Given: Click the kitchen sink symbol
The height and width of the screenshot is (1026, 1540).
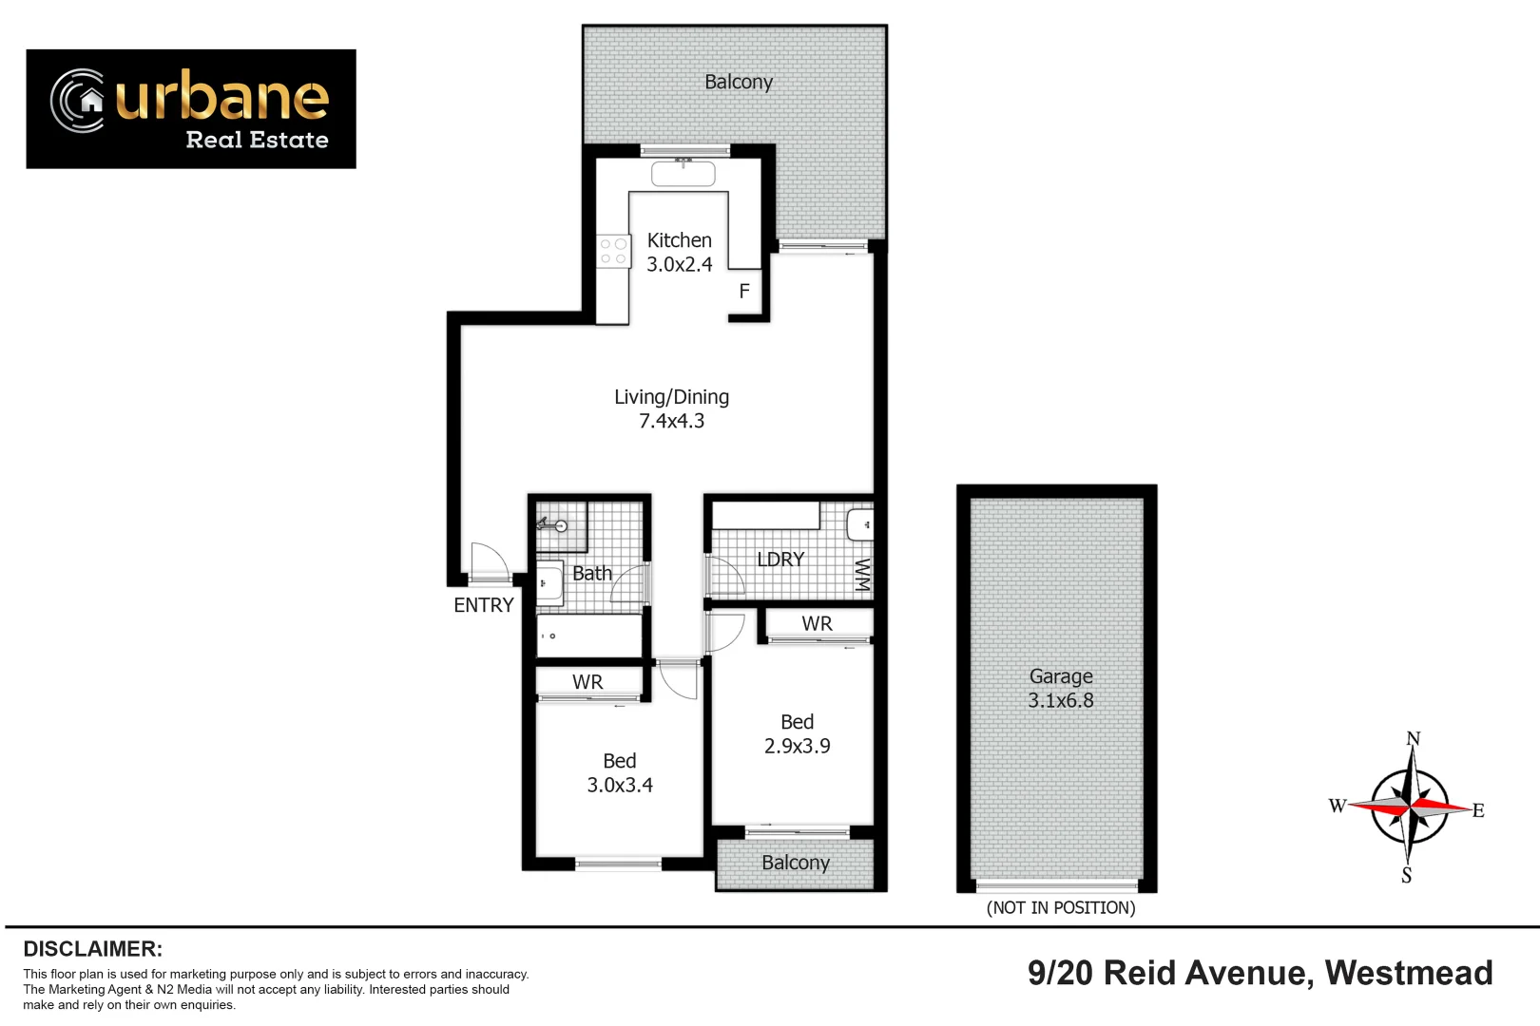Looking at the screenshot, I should pyautogui.click(x=683, y=174).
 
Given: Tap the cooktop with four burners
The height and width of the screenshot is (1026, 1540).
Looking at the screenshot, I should pyautogui.click(x=613, y=252).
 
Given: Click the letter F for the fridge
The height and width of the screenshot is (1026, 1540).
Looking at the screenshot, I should pyautogui.click(x=744, y=292).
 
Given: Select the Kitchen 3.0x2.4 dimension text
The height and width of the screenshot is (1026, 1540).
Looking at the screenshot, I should pyautogui.click(x=679, y=265).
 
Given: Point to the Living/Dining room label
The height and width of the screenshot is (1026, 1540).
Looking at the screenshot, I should pyautogui.click(x=671, y=397).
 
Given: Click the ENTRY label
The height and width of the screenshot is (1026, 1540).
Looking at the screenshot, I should pyautogui.click(x=483, y=605).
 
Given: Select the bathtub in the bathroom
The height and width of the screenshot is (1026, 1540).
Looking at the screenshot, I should pyautogui.click(x=589, y=636).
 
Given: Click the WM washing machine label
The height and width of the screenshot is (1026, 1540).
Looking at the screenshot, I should pyautogui.click(x=861, y=575).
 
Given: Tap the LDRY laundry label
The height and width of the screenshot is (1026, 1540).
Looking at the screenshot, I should pyautogui.click(x=780, y=560).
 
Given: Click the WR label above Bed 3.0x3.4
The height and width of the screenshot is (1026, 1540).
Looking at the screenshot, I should pyautogui.click(x=587, y=682).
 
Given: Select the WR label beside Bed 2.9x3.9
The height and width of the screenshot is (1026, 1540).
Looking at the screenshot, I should pyautogui.click(x=817, y=624).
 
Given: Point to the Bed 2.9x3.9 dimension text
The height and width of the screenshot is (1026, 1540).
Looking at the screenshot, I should pyautogui.click(x=797, y=747).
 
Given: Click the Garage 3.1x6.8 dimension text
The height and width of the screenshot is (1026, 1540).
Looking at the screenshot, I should pyautogui.click(x=1060, y=701).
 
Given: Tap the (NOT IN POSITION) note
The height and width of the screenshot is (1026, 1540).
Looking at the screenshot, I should pyautogui.click(x=1061, y=908).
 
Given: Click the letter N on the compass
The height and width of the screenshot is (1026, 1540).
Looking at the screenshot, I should pyautogui.click(x=1413, y=739).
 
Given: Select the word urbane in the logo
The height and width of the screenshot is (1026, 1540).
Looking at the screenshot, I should pyautogui.click(x=222, y=97).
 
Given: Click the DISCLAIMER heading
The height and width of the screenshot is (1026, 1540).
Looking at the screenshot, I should pyautogui.click(x=92, y=949).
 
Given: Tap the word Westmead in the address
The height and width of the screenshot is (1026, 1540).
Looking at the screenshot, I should pyautogui.click(x=1408, y=973).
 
